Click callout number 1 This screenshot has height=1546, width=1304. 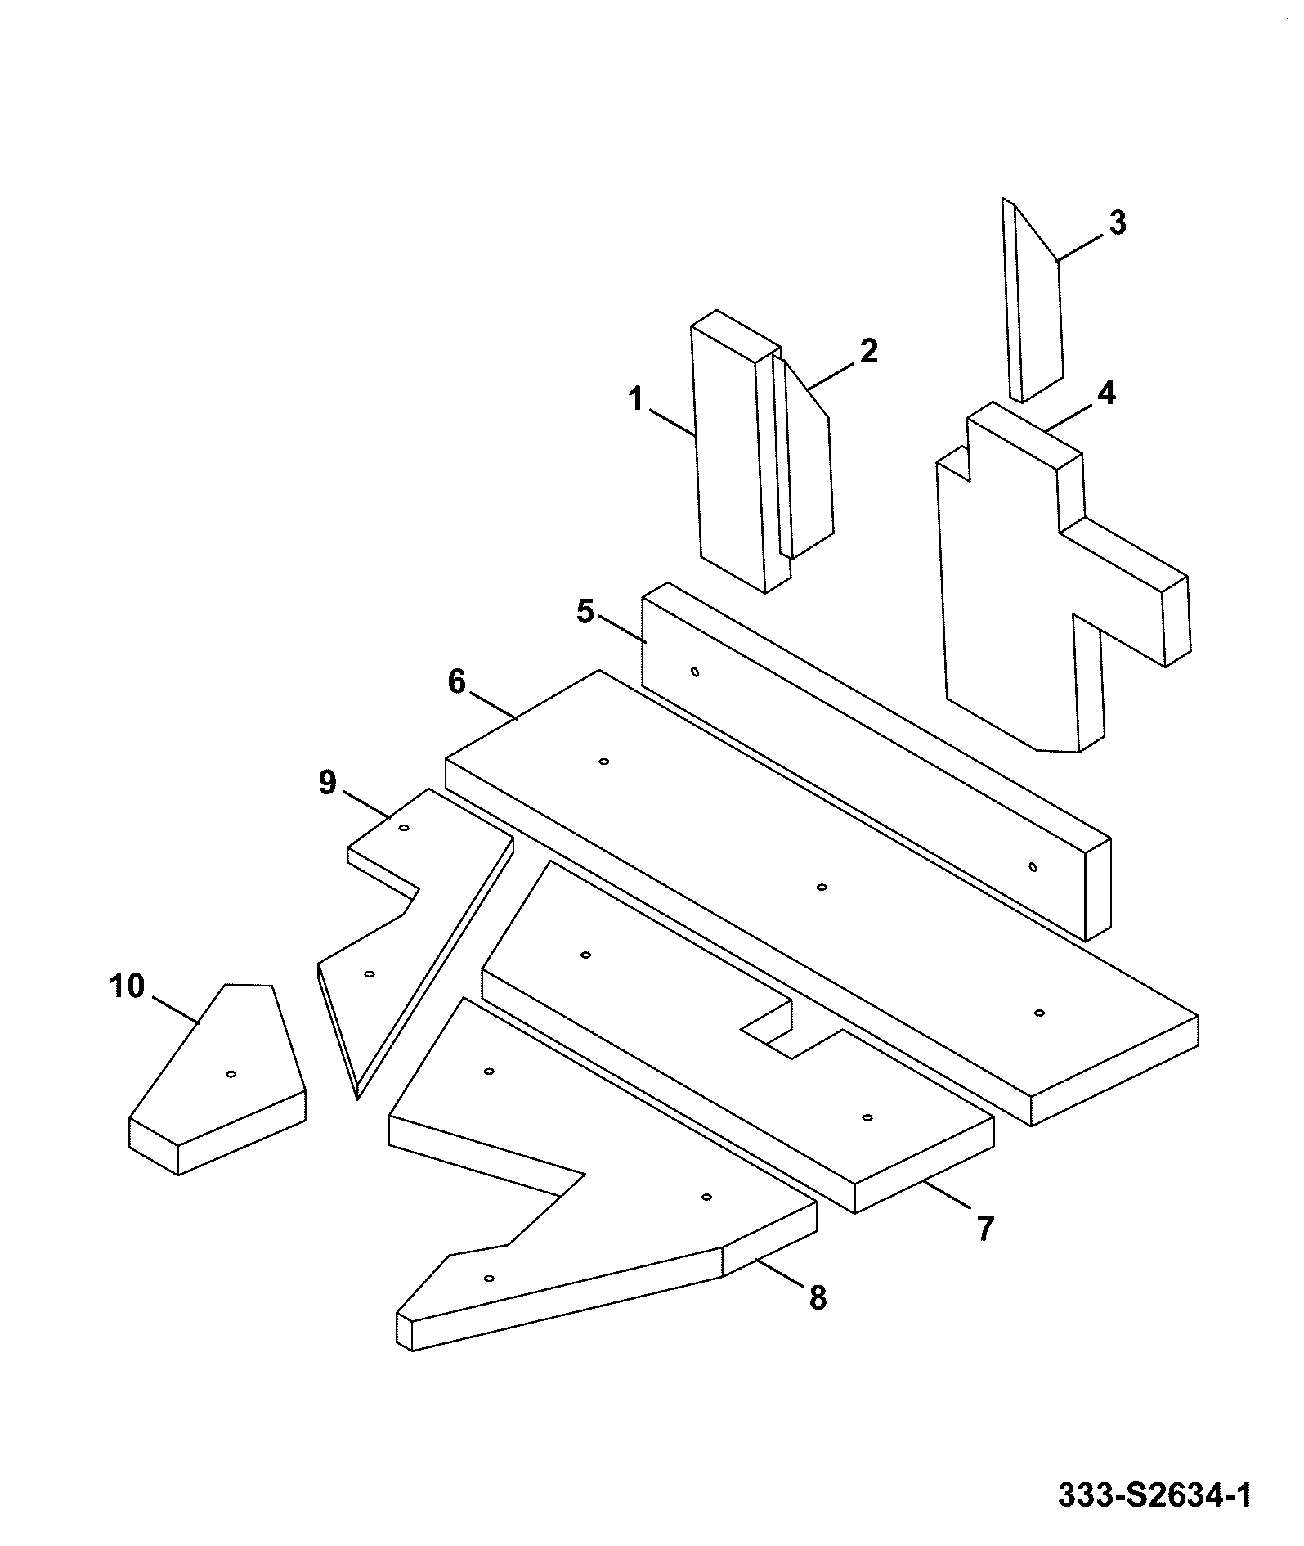tap(636, 400)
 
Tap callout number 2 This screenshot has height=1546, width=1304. tap(868, 351)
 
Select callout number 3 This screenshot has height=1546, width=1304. tap(1117, 222)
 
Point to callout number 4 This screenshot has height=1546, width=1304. tap(1105, 393)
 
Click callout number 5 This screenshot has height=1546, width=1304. tap(585, 612)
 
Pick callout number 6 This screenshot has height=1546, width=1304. tap(456, 681)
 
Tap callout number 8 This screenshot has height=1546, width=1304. tap(818, 1297)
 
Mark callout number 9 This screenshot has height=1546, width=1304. tap(327, 783)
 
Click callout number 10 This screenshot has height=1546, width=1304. tap(127, 986)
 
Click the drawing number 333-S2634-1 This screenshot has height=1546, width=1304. tap(1154, 1496)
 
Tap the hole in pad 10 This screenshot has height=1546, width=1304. tap(231, 1073)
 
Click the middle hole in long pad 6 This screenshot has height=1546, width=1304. tap(822, 887)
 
